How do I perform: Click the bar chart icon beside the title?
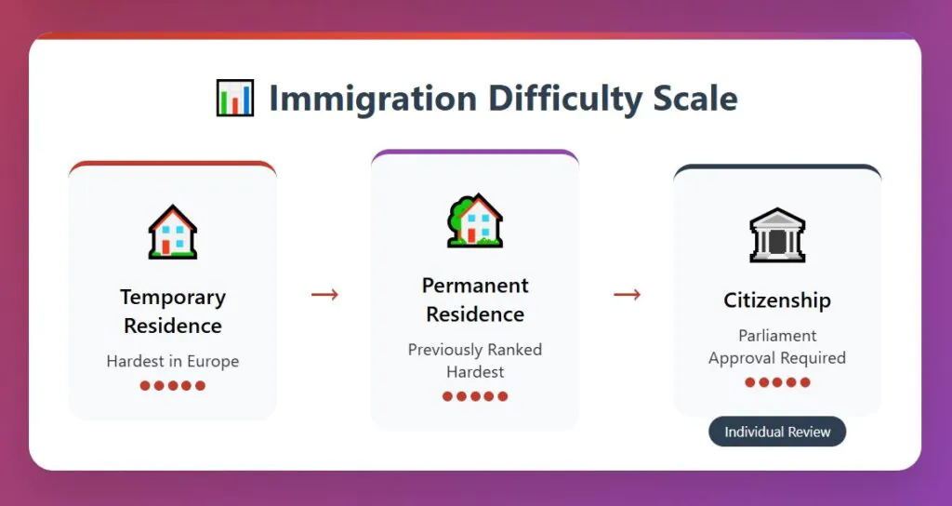(x=235, y=98)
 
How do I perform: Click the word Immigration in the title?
(x=373, y=98)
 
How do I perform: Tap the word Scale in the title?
(x=695, y=98)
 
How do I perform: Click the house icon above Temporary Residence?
(x=172, y=232)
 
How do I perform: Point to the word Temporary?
(x=172, y=298)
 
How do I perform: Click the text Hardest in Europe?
(x=172, y=361)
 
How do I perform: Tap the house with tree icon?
(x=475, y=220)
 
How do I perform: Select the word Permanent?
(x=475, y=286)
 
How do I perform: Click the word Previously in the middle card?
(x=441, y=350)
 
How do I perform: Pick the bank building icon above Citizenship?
(x=777, y=234)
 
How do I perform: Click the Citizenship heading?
(x=777, y=300)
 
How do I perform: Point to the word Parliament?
(x=777, y=335)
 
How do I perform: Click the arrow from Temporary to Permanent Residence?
(x=324, y=295)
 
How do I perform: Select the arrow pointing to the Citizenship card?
(x=627, y=295)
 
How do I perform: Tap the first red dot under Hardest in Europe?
(x=145, y=385)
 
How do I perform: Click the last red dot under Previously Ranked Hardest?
(x=503, y=396)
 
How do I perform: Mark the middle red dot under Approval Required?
(x=777, y=382)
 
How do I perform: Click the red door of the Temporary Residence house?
(x=165, y=246)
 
